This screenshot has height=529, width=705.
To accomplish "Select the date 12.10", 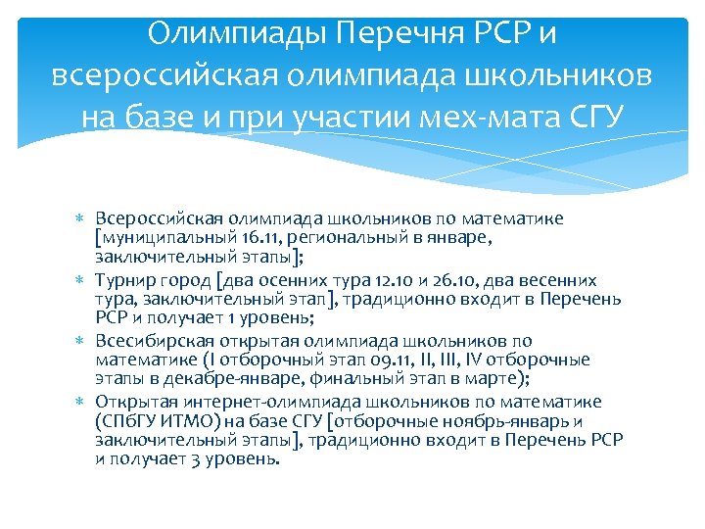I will click(393, 280).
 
